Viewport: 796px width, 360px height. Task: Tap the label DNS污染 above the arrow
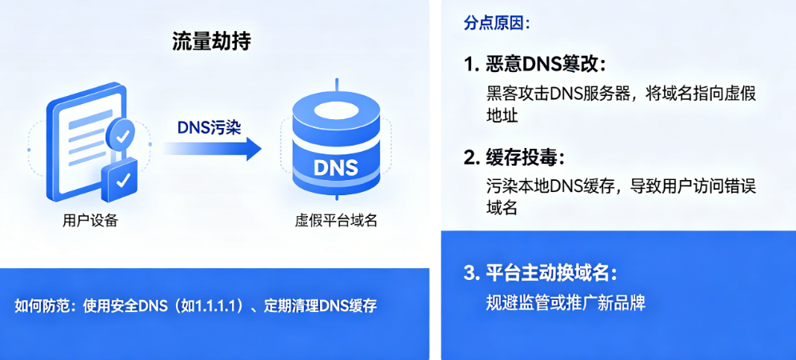coord(209,128)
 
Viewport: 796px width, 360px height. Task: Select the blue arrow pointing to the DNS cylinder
coord(213,149)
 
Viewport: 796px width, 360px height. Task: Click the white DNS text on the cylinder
coord(335,168)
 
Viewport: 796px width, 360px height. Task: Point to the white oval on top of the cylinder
coord(335,110)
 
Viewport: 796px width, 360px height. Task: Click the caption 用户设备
coord(90,221)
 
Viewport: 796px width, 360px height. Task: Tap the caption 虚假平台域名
coord(336,221)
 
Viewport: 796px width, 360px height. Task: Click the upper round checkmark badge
coord(122,135)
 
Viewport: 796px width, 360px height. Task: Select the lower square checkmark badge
coord(120,180)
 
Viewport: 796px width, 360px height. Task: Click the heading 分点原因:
coord(497,23)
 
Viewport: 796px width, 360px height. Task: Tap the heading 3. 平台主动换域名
coord(541,273)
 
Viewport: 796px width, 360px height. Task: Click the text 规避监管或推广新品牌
coord(566,302)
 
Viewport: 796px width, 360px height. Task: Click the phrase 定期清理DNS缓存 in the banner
coord(320,307)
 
